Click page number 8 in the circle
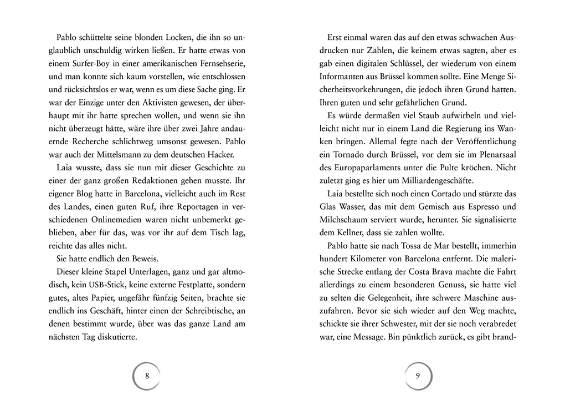pyautogui.click(x=146, y=376)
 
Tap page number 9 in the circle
pyautogui.click(x=418, y=376)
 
